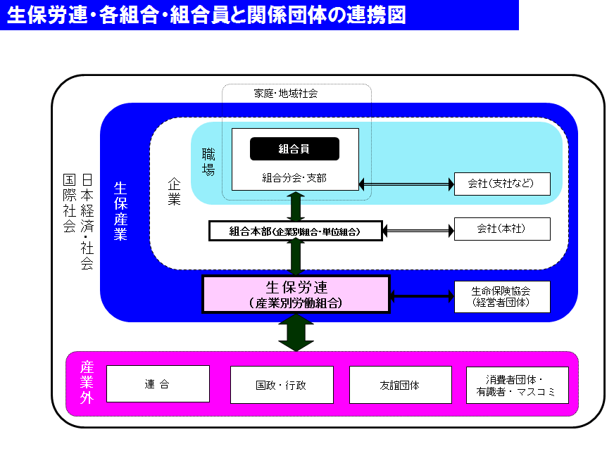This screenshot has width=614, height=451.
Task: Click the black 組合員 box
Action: tap(294, 148)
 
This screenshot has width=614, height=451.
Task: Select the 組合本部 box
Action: tap(296, 231)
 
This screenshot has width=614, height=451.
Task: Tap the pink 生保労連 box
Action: tap(296, 294)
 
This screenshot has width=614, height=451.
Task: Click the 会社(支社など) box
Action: tap(502, 184)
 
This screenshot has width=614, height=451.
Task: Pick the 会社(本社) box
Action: tap(502, 229)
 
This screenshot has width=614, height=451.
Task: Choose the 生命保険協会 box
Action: tap(502, 296)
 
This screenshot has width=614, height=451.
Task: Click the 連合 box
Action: tap(158, 384)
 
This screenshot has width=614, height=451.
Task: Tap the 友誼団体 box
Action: tap(400, 385)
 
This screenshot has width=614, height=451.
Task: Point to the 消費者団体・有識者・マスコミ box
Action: tap(517, 385)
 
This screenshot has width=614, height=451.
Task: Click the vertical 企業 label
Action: tap(174, 191)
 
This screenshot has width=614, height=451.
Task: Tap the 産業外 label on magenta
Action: tap(87, 383)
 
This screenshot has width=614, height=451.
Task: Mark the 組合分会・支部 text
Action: tap(294, 178)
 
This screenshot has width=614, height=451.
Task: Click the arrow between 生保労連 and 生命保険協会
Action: tap(422, 296)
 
